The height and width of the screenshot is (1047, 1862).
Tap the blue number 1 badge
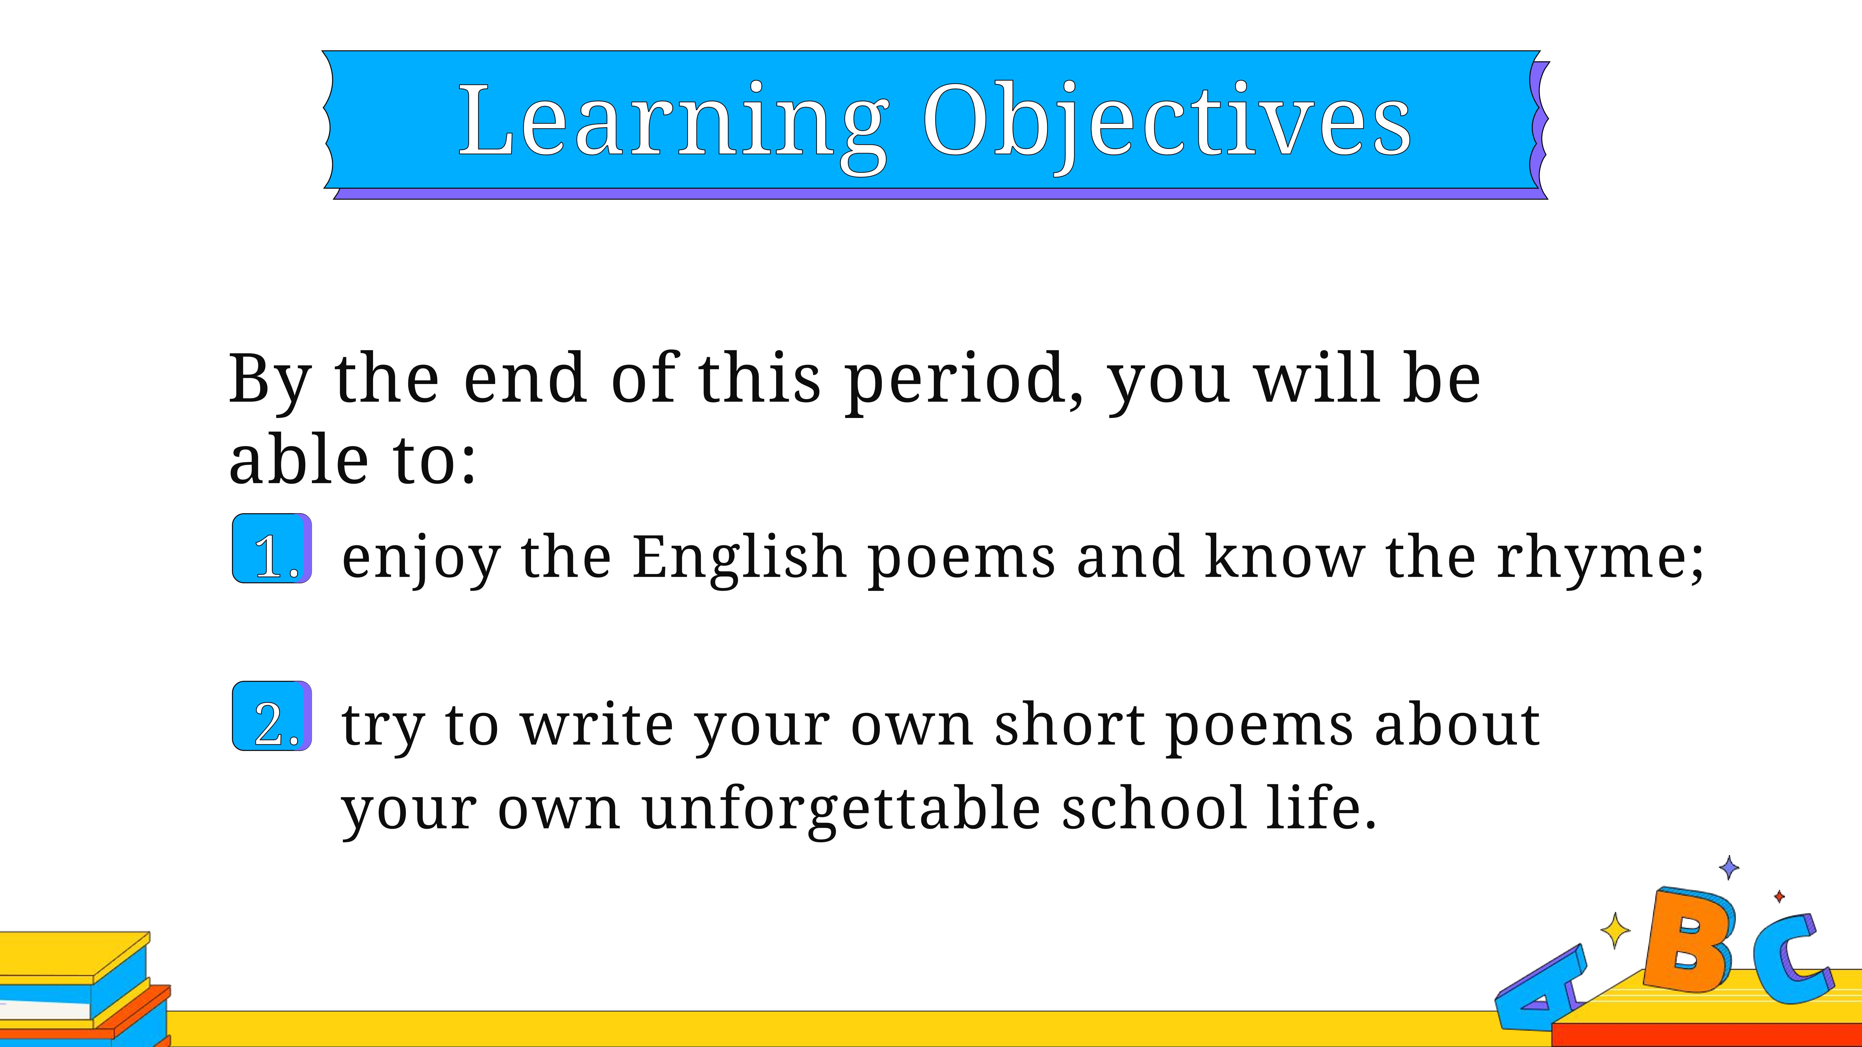point(272,549)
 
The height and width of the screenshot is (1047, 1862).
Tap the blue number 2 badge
point(272,716)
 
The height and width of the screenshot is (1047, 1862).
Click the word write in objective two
point(597,725)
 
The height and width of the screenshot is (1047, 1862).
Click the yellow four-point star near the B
point(1615,930)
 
